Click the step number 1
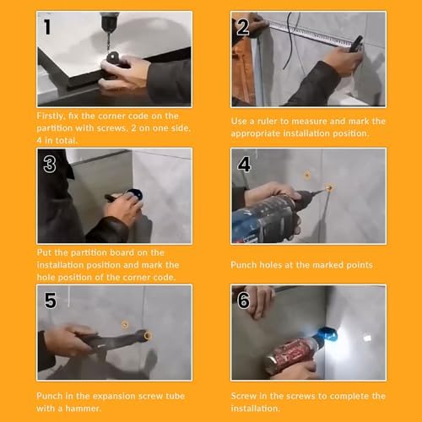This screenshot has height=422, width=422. click(47, 27)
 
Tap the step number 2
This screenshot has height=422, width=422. click(243, 27)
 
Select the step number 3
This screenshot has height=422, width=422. click(50, 165)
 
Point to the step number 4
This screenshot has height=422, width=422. click(244, 164)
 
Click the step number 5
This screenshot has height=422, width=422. click(51, 300)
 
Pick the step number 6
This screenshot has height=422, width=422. click(243, 300)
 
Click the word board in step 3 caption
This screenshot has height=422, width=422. click(122, 252)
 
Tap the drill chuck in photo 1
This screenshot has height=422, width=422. click(110, 22)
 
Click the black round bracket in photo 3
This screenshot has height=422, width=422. click(134, 194)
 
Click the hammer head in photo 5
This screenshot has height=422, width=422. click(143, 335)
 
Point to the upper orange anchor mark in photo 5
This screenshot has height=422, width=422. click(125, 325)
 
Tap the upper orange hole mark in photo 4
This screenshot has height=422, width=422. click(307, 176)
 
